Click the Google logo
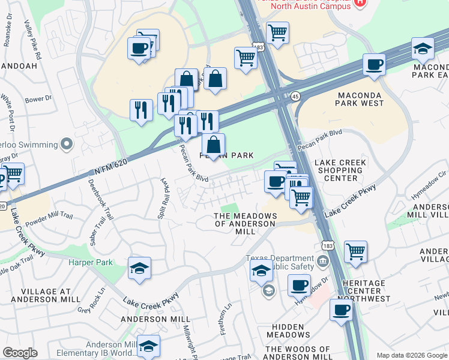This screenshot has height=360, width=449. pyautogui.click(x=20, y=353)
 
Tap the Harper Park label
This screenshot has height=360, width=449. pyautogui.click(x=90, y=263)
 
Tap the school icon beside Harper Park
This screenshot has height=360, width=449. pyautogui.click(x=139, y=269)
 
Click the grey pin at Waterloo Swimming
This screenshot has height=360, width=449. pyautogui.click(x=66, y=144)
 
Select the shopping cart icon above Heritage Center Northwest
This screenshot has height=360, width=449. pyautogui.click(x=356, y=251)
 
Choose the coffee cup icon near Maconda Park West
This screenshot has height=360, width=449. pyautogui.click(x=374, y=65)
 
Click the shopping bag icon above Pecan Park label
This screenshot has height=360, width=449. pyautogui.click(x=213, y=145)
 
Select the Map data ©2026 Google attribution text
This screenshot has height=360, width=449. pyautogui.click(x=411, y=355)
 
